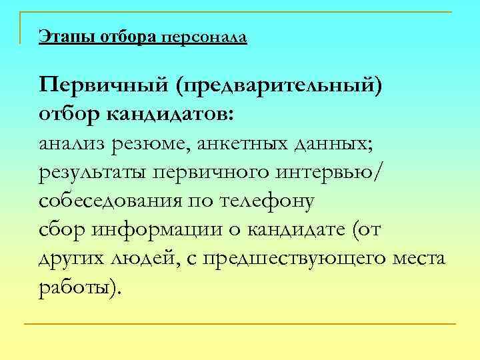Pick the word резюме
(x=154, y=144)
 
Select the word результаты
(x=93, y=173)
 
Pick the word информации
(x=169, y=230)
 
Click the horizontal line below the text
(x=240, y=324)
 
